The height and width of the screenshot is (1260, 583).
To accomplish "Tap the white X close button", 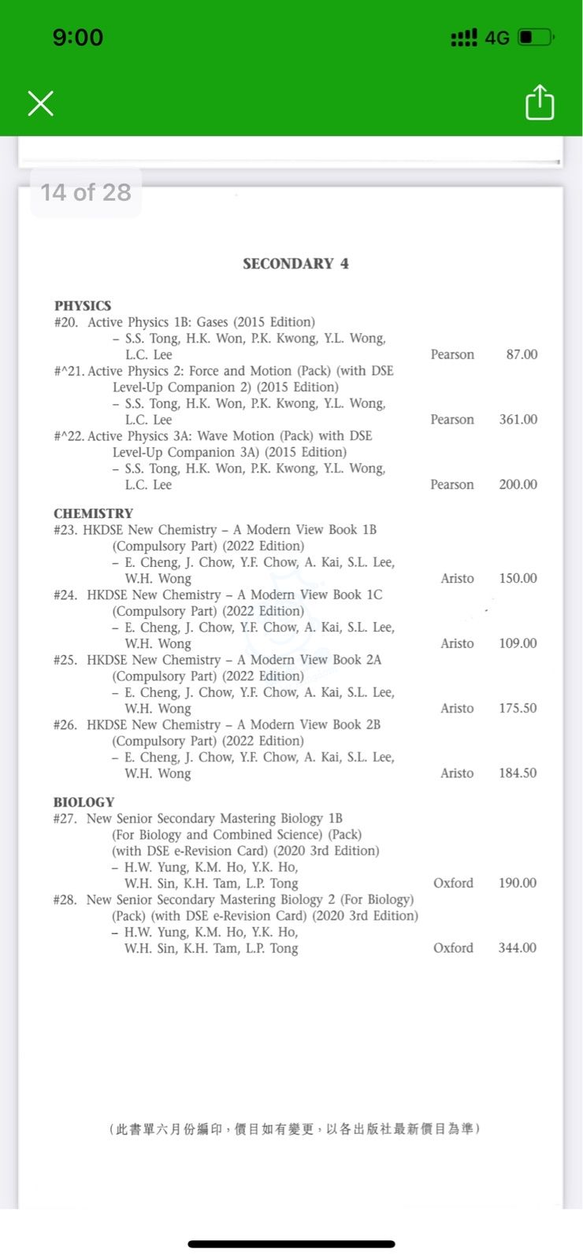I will pyautogui.click(x=40, y=103).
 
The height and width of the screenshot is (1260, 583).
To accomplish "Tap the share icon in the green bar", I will pyautogui.click(x=540, y=102).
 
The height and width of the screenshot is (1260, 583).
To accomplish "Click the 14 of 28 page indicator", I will pyautogui.click(x=86, y=192).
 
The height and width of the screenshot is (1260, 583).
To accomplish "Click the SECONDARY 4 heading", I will pyautogui.click(x=295, y=264).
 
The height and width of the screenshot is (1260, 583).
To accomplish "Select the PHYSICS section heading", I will pyautogui.click(x=83, y=306).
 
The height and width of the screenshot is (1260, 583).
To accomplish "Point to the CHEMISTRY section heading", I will pyautogui.click(x=93, y=513).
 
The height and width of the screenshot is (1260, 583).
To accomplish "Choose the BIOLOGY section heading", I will pyautogui.click(x=84, y=802).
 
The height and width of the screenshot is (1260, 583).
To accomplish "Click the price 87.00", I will pyautogui.click(x=522, y=354).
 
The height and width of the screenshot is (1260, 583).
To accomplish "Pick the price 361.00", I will pyautogui.click(x=518, y=420).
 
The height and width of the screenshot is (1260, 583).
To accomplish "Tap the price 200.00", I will pyautogui.click(x=518, y=484).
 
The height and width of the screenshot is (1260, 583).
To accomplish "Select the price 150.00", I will pyautogui.click(x=518, y=578).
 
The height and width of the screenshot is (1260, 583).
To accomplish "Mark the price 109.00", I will pyautogui.click(x=518, y=643).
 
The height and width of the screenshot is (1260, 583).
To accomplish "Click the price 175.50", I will pyautogui.click(x=518, y=708).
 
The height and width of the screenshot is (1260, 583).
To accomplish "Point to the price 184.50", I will pyautogui.click(x=518, y=773).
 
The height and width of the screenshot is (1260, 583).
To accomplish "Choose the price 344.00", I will pyautogui.click(x=518, y=948).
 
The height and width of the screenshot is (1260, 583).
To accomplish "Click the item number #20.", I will pyautogui.click(x=66, y=322).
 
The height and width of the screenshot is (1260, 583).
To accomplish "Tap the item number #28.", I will pyautogui.click(x=65, y=899).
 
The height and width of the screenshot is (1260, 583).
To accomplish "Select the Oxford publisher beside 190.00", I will pyautogui.click(x=453, y=883).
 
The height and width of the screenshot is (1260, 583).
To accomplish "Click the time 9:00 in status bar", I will pyautogui.click(x=78, y=37).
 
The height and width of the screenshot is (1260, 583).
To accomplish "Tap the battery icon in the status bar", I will pyautogui.click(x=537, y=37).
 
